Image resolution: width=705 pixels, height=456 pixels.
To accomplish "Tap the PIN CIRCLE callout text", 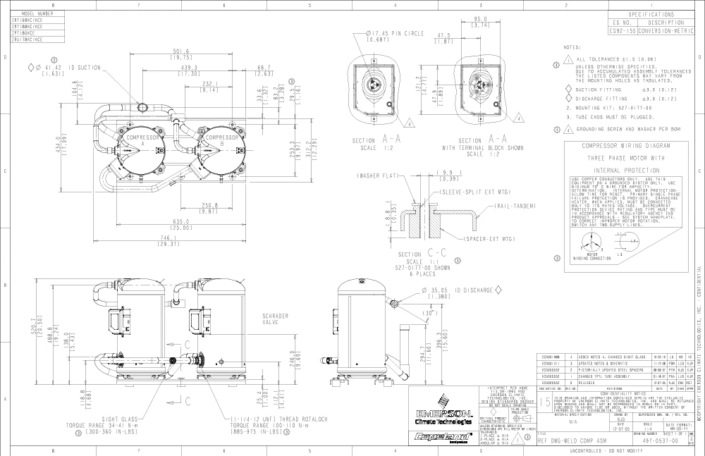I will tap(400, 33).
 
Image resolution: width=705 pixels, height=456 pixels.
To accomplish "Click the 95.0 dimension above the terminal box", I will tap(482, 19).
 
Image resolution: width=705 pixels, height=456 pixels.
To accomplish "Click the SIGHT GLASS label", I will tap(124, 419).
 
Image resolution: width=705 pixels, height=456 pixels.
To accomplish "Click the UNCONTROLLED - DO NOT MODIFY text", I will tap(590, 450).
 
